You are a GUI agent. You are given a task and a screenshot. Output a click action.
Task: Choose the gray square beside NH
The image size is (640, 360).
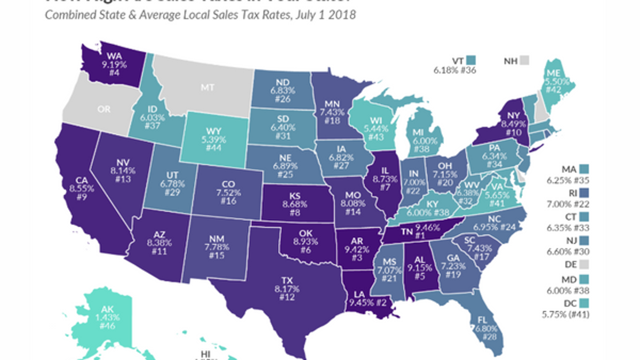[526, 60]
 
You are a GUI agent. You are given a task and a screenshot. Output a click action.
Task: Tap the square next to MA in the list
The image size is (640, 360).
[585, 169]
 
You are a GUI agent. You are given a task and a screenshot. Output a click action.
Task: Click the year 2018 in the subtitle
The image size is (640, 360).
[343, 14]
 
